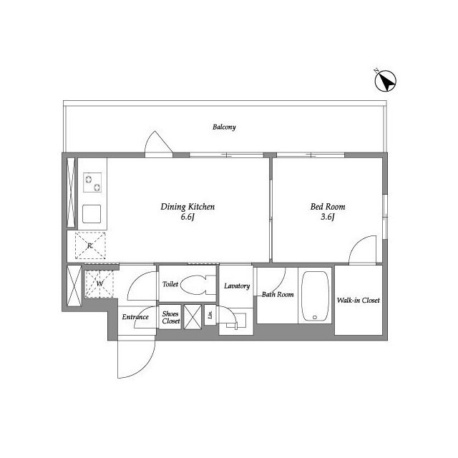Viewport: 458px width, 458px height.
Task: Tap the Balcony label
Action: pyautogui.click(x=224, y=127)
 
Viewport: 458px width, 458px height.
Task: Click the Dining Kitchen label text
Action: pyautogui.click(x=187, y=207)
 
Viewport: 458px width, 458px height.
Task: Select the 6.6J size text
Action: pyautogui.click(x=187, y=217)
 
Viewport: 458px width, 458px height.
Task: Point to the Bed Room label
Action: pyautogui.click(x=323, y=207)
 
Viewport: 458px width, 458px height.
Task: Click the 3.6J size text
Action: pyautogui.click(x=323, y=217)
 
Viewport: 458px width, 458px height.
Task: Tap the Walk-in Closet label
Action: pyautogui.click(x=358, y=301)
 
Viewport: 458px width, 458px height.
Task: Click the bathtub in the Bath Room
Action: pyautogui.click(x=314, y=296)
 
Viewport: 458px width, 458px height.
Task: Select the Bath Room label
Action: pyautogui.click(x=277, y=294)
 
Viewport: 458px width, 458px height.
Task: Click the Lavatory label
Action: pyautogui.click(x=237, y=286)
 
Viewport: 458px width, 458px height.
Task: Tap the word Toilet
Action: pyautogui.click(x=170, y=284)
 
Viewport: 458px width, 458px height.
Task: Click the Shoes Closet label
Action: pyautogui.click(x=170, y=318)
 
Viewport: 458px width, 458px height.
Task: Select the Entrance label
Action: pyautogui.click(x=135, y=317)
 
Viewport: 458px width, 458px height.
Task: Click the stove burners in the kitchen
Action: pyautogui.click(x=94, y=183)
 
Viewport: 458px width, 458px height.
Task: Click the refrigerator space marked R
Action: pyautogui.click(x=90, y=246)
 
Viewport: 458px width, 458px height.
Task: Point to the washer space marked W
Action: pyautogui.click(x=99, y=283)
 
